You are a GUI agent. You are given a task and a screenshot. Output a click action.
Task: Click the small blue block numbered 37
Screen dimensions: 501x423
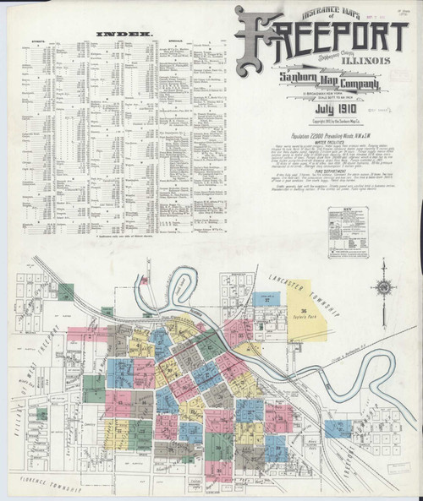coord(267,300)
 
